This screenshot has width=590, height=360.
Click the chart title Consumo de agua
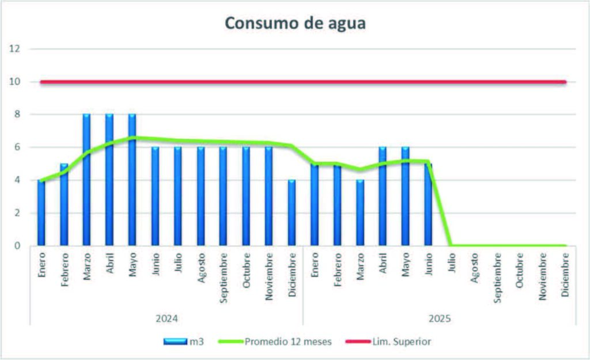(x=295, y=23)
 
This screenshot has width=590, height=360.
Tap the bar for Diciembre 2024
(x=292, y=213)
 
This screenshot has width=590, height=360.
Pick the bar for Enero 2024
(x=41, y=213)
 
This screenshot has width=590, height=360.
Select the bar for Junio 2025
(x=428, y=204)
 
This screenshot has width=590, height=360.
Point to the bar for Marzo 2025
(x=360, y=213)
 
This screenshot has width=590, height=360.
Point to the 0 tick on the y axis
(x=17, y=246)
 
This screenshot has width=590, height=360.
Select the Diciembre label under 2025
(x=565, y=274)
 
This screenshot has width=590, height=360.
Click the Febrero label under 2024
(x=64, y=270)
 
